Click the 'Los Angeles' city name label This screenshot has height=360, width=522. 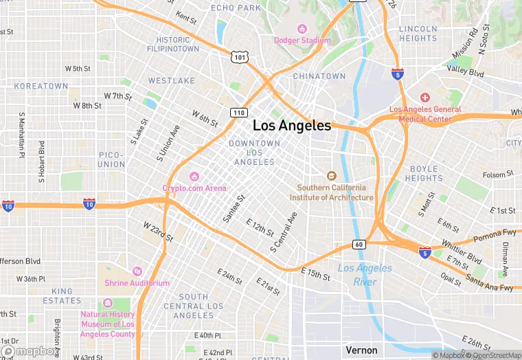(x=292, y=126)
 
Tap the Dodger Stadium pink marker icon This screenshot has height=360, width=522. (x=302, y=29)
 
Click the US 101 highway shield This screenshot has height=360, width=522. (x=238, y=58)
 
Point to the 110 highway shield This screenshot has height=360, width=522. (x=238, y=111)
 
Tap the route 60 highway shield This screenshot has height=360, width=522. (x=359, y=244)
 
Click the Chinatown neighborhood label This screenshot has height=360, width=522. (x=319, y=76)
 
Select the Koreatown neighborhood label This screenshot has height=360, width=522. (x=41, y=86)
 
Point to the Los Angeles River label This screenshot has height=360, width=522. (x=365, y=275)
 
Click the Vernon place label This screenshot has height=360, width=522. (x=361, y=350)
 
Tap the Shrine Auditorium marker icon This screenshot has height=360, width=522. (x=137, y=272)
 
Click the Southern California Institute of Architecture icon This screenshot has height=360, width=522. (x=332, y=177)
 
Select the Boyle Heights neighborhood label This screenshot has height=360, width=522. (x=424, y=173)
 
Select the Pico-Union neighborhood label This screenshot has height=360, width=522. (x=112, y=159)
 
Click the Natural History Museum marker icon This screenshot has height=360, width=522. (x=107, y=304)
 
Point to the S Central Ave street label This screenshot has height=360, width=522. (x=284, y=230)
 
